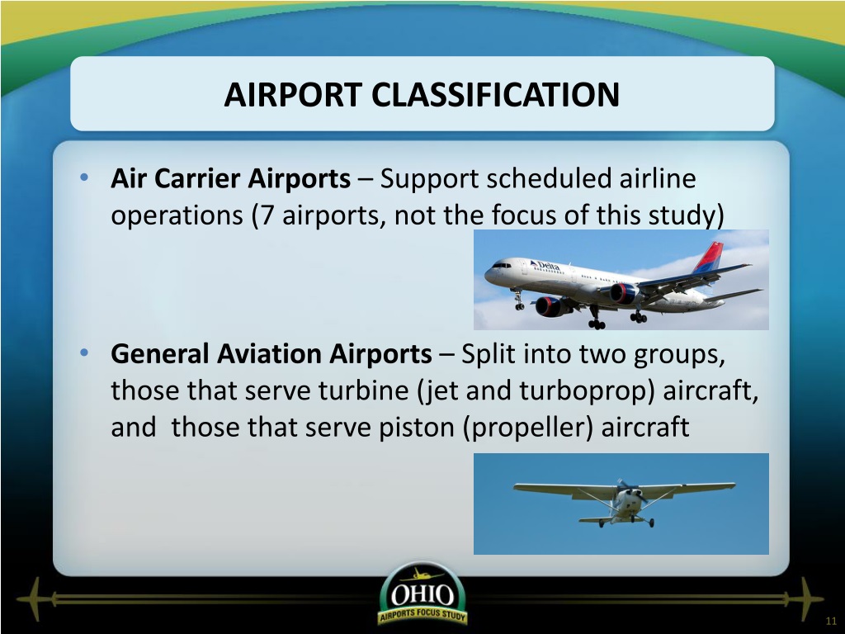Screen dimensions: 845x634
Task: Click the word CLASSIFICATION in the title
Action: (x=495, y=94)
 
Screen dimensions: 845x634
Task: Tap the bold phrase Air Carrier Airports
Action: (x=231, y=178)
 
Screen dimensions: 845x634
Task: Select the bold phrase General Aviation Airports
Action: (x=271, y=354)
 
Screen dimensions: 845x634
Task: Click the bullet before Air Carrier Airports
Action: (x=84, y=177)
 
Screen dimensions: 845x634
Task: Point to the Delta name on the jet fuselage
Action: (x=545, y=266)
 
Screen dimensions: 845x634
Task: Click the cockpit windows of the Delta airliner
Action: (x=501, y=265)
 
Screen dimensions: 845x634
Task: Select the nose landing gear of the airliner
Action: (x=518, y=300)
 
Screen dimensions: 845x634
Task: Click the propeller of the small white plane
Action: (x=631, y=492)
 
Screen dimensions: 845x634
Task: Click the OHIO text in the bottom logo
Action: (x=422, y=595)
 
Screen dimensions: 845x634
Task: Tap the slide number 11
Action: (x=830, y=621)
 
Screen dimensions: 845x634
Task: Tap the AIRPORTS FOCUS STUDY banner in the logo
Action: (x=422, y=615)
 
